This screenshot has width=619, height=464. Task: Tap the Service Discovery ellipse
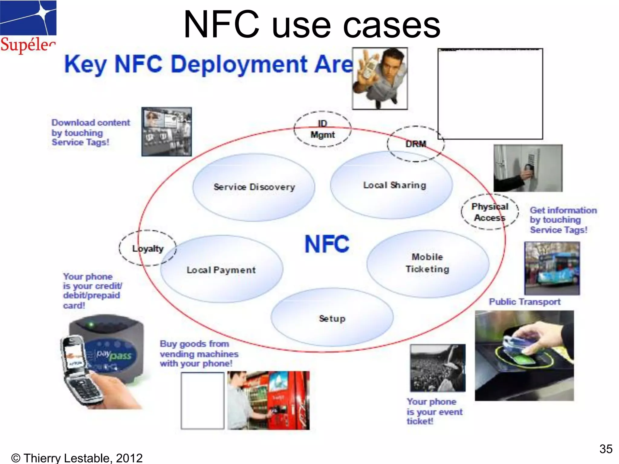pyautogui.click(x=254, y=187)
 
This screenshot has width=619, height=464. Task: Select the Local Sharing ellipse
pyautogui.click(x=391, y=185)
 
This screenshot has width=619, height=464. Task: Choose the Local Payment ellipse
pyautogui.click(x=221, y=270)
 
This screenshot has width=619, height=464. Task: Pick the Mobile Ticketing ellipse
pyautogui.click(x=427, y=264)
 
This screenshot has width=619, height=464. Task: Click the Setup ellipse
pyautogui.click(x=332, y=318)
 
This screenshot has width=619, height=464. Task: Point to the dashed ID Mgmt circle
pyautogui.click(x=322, y=129)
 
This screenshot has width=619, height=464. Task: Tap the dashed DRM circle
pyautogui.click(x=416, y=144)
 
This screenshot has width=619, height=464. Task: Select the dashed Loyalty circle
pyautogui.click(x=147, y=248)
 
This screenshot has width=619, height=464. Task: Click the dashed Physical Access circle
pyautogui.click(x=490, y=212)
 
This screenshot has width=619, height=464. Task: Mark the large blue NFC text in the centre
pyautogui.click(x=327, y=244)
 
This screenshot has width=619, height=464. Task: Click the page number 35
pyautogui.click(x=606, y=449)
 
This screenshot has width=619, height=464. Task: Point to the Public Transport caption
pyautogui.click(x=525, y=302)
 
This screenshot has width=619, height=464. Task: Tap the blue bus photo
pyautogui.click(x=552, y=268)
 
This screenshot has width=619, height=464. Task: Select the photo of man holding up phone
pyautogui.click(x=380, y=79)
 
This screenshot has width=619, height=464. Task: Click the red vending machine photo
pyautogui.click(x=268, y=401)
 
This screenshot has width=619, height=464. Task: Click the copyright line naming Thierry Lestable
pyautogui.click(x=77, y=458)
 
